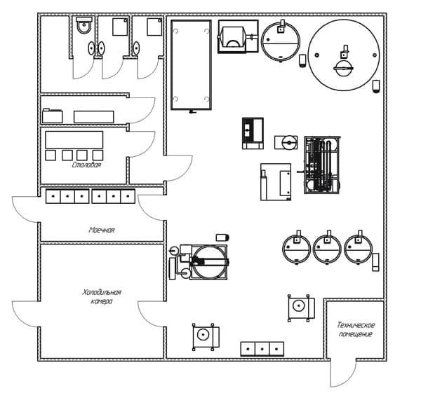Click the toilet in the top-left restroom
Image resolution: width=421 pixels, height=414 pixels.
(x=84, y=25)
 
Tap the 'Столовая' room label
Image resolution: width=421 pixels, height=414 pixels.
(x=86, y=165)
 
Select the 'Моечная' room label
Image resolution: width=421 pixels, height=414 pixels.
(x=102, y=230)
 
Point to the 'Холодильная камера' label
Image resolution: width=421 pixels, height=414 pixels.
(x=102, y=296)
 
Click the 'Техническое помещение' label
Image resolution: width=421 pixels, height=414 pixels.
(x=356, y=329)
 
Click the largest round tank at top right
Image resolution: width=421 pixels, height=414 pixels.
(x=344, y=55)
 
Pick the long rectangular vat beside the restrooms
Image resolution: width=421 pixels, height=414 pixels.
(x=191, y=65)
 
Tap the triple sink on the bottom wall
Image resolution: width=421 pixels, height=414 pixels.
(x=262, y=349)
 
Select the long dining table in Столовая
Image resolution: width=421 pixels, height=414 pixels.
(x=74, y=139)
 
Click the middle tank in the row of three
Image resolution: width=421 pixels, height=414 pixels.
(x=327, y=249)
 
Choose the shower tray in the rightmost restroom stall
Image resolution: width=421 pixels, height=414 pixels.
(x=154, y=27)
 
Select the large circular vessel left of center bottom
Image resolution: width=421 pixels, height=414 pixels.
(x=209, y=262)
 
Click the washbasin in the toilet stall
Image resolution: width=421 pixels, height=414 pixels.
(x=91, y=48)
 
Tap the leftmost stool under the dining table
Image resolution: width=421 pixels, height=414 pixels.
(x=51, y=156)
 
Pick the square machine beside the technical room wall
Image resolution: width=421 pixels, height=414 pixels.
(x=301, y=308)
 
